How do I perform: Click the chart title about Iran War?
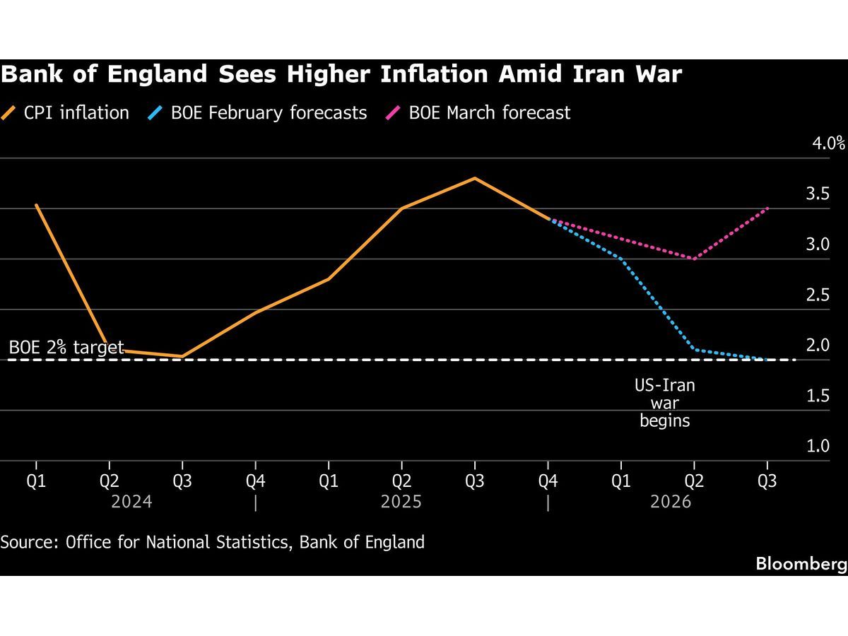pos(341,74)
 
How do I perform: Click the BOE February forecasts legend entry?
pos(259,112)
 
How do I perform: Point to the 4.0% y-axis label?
pos(828,143)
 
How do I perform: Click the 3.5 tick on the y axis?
pos(818,194)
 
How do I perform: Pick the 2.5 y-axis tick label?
pos(818,295)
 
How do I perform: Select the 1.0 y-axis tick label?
pos(818,447)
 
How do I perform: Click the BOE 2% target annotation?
pos(66,347)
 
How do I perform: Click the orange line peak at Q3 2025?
pos(475,178)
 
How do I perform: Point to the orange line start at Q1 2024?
pos(36,205)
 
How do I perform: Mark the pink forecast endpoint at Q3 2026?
pos(767,208)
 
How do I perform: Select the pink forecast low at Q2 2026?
pos(695,259)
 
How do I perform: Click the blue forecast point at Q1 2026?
pos(622,259)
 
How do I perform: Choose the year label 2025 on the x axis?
pos(401,502)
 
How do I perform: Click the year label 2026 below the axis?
pos(671,502)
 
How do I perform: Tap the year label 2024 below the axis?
pos(132,502)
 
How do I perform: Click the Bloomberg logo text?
pos(801,564)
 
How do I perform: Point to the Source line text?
pos(213,542)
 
